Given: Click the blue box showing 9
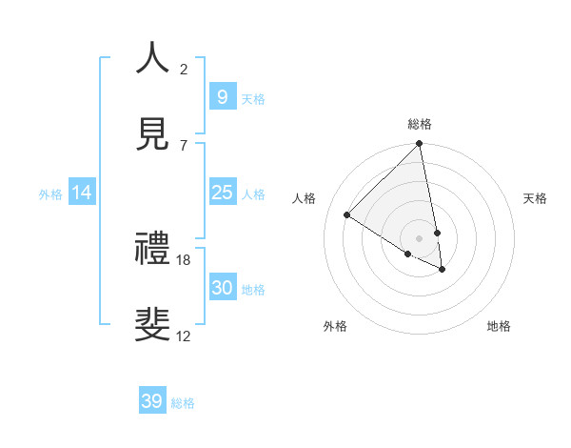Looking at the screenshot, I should pos(222,97).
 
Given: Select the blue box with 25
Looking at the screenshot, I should pos(222,193).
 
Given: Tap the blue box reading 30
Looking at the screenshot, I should pos(222,288).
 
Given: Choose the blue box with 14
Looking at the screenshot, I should pos(82,193).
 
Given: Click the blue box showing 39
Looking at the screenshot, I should pos(151,401).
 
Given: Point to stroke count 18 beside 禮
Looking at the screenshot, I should pos(184,259).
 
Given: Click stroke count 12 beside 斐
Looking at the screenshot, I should pos(184,335).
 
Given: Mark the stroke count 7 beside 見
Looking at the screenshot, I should pos(184,145).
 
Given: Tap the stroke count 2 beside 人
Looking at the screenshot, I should pos(184,69).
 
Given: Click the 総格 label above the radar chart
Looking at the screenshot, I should pos(420,124).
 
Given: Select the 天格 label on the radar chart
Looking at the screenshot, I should pos(536,198).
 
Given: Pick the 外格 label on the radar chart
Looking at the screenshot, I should pos(335,326).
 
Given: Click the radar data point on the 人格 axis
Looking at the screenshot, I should pos(347,215).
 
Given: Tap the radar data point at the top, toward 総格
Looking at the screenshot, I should pos(419,145).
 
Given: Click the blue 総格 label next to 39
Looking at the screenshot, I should pos(183,403).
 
